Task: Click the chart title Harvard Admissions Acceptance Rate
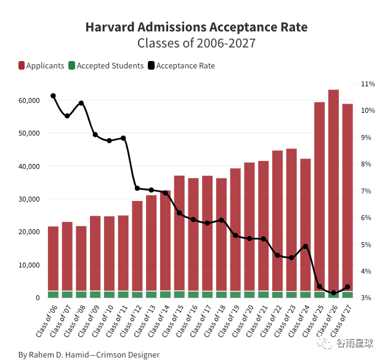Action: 196,28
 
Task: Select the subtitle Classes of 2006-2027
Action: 196,44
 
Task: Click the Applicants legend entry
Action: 41,65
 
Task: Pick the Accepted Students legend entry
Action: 105,65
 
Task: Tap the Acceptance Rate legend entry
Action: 182,65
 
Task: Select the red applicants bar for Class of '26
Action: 333,185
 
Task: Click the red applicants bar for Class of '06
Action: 53,259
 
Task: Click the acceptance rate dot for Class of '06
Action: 53,96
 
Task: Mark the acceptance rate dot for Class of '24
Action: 306,247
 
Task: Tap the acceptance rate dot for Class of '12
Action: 137,189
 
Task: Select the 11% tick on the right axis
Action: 368,84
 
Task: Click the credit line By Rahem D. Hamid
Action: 89,354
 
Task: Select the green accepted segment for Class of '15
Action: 179,294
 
